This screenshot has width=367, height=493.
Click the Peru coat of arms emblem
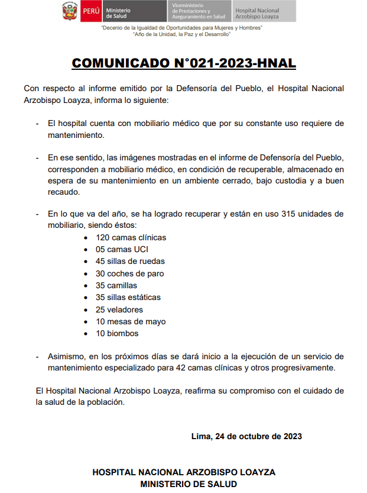click(69, 11)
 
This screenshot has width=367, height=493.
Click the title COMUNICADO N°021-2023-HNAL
click(184, 63)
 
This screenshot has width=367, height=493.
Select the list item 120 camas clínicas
click(131, 237)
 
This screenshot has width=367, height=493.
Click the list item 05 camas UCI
click(122, 249)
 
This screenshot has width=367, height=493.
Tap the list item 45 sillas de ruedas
click(130, 261)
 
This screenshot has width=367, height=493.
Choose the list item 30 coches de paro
click(129, 273)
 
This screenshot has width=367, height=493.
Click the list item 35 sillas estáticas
click(128, 297)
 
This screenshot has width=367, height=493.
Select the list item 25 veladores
click(119, 310)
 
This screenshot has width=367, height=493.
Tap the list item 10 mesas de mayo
click(130, 321)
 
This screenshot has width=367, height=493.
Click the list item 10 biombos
click(117, 333)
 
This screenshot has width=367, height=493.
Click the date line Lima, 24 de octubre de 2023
click(246, 436)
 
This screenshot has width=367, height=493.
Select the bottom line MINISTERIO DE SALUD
click(184, 484)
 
